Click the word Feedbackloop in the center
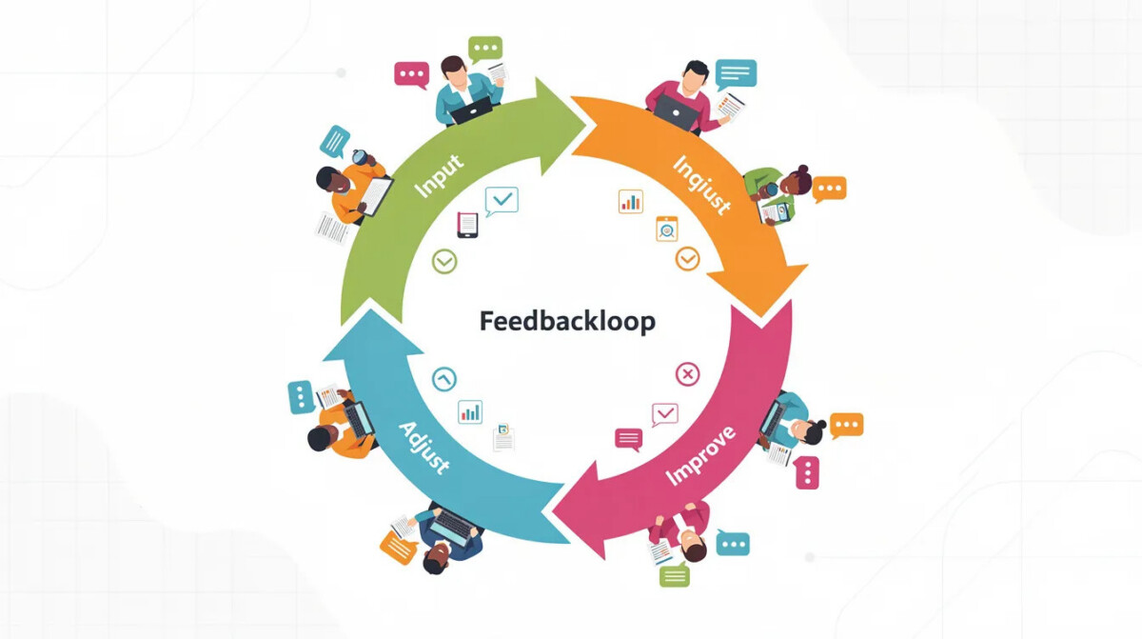(x=567, y=321)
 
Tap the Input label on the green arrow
(x=439, y=175)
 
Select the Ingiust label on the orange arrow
(x=702, y=185)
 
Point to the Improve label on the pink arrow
(x=701, y=455)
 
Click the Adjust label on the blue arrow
(x=424, y=448)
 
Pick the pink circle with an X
(x=688, y=374)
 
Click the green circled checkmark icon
(x=444, y=262)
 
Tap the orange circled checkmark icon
(x=688, y=259)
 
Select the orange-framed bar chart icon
(x=631, y=202)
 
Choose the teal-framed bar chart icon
(x=470, y=411)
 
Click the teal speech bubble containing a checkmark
(x=502, y=200)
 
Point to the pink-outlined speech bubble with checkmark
(x=665, y=414)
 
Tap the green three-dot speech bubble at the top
(x=485, y=49)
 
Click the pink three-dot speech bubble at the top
(x=411, y=75)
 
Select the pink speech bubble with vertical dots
(x=808, y=472)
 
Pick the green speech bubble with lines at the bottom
(x=675, y=575)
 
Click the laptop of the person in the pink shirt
(x=677, y=112)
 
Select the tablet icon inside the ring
(x=467, y=225)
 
